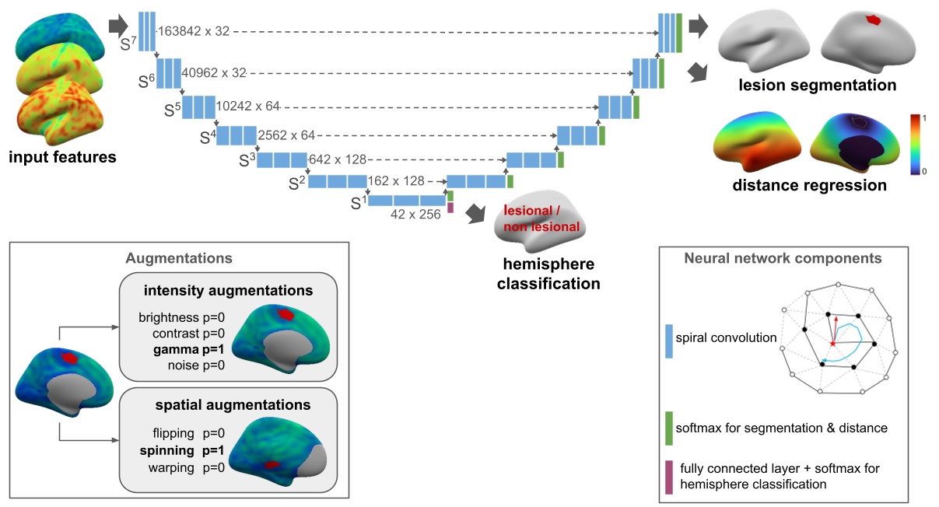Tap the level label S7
[x=129, y=44]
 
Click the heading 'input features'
[x=62, y=158]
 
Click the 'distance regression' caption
[x=809, y=185]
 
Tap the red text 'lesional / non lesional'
[x=542, y=219]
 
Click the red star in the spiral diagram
[x=832, y=343]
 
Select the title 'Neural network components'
[x=782, y=258]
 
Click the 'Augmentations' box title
[x=179, y=257]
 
